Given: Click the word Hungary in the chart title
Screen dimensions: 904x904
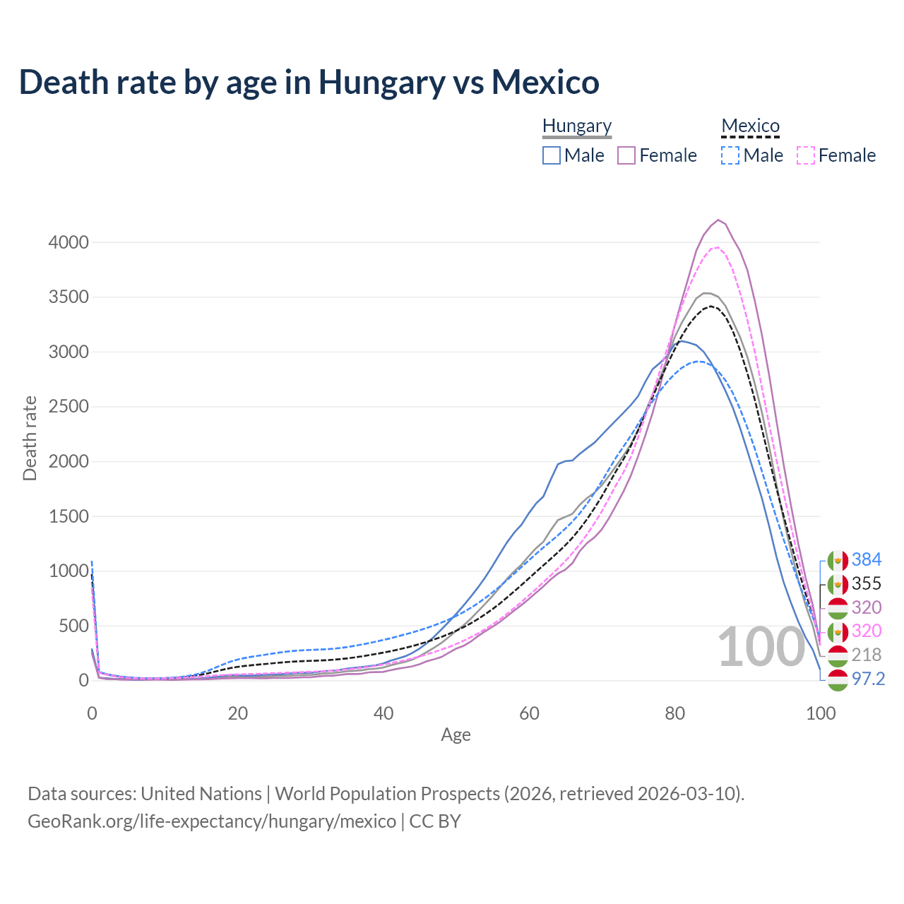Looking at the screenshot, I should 382,83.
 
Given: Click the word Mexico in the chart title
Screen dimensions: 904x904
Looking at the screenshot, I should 545,83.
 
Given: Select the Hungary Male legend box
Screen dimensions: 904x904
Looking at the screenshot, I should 552,155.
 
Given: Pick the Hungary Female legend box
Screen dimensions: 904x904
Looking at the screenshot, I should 626,155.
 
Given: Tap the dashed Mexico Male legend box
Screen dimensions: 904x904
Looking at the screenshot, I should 730,155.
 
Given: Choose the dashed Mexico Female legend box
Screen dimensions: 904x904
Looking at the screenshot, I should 805,155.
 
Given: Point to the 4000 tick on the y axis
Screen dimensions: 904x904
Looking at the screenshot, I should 69,242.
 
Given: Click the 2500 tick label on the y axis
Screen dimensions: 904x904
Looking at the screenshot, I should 69,407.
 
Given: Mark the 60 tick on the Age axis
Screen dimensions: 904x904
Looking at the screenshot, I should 529,713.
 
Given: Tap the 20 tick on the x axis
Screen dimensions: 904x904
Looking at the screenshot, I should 237,713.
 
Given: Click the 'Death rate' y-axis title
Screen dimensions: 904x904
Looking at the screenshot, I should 30,439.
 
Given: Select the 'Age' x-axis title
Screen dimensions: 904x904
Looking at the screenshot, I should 456,735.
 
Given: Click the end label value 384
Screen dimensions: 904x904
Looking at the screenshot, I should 866,560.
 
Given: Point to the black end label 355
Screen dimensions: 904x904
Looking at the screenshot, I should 866,584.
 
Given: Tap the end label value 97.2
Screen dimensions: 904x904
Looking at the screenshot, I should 868,679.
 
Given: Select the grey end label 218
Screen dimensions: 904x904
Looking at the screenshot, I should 866,655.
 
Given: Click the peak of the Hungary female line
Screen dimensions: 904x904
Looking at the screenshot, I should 718,220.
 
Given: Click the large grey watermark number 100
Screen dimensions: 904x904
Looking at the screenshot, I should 761,648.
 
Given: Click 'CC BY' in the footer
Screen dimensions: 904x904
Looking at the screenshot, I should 435,821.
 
